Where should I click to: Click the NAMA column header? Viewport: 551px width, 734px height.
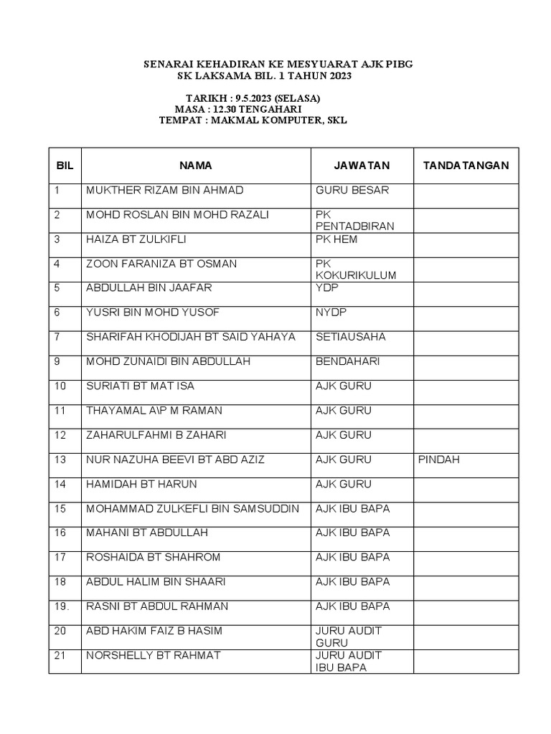[195, 166]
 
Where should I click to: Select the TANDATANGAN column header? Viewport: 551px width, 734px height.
[466, 166]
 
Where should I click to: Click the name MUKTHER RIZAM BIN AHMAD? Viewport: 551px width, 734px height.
[164, 191]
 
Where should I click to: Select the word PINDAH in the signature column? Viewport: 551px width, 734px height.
[438, 459]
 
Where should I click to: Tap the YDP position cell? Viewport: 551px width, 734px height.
[326, 288]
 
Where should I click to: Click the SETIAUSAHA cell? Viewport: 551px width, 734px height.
[350, 337]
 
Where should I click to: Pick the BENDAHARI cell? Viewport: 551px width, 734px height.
[347, 361]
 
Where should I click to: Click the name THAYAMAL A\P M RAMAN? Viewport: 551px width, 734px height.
[154, 411]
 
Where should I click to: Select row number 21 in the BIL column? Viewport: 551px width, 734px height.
[60, 655]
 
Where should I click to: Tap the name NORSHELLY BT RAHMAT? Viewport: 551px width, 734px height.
[153, 655]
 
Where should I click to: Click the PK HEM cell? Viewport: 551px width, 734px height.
[336, 239]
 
